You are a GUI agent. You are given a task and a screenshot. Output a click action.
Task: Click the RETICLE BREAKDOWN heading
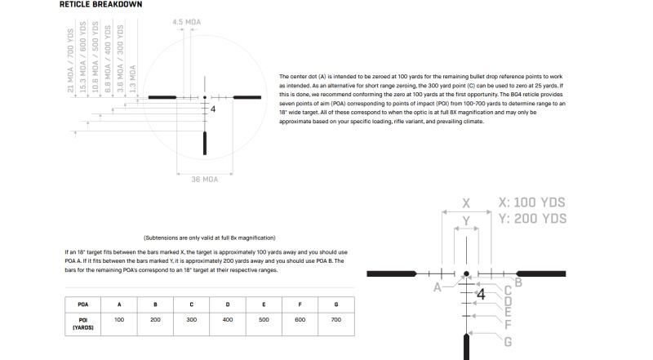pos(101,5)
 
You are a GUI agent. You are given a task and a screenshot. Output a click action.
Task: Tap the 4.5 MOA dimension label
pos(187,22)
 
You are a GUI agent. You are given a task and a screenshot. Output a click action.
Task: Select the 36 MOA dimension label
pos(204,179)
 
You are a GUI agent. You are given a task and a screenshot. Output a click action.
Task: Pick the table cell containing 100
pos(119,320)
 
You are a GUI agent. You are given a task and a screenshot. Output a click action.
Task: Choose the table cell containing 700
pos(335,320)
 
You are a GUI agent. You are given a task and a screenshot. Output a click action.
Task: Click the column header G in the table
pos(335,304)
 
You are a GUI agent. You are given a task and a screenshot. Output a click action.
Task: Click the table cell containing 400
pos(228,320)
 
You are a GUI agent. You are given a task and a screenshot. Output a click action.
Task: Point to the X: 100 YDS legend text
pos(531,202)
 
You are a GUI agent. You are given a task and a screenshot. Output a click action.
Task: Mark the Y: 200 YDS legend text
pos(531,219)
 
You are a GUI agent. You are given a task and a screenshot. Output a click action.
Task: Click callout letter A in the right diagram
pos(438,287)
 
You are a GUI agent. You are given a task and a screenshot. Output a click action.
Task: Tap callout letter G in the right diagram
pos(508,342)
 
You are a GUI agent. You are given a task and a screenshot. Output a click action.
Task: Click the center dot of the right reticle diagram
pos(467,275)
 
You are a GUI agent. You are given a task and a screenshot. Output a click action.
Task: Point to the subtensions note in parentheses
pos(210,238)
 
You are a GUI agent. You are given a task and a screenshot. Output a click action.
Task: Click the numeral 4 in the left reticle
pos(213,109)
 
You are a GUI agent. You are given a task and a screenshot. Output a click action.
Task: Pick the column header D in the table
pos(228,304)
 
